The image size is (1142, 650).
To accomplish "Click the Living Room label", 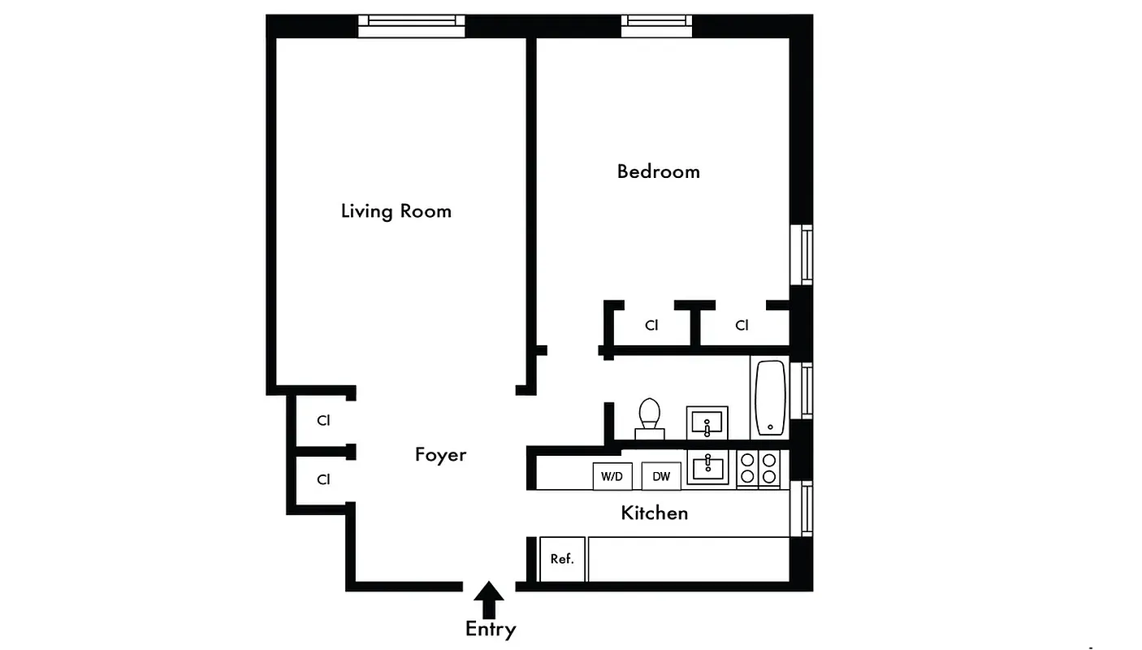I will [396, 211].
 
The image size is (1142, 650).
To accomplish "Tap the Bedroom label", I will [658, 171].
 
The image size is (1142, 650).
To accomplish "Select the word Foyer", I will [440, 454].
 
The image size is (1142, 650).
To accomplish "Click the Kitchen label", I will [654, 513].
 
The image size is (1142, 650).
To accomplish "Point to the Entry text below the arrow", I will [490, 629].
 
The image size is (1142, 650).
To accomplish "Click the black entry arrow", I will [489, 602].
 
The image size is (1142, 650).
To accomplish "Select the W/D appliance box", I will [612, 476].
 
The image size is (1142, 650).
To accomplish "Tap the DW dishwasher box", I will [661, 476].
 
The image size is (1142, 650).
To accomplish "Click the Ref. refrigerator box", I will [562, 559].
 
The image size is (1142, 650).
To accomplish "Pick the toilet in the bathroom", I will [649, 417].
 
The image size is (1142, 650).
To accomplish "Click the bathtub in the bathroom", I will [770, 398].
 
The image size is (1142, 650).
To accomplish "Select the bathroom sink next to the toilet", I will [707, 423].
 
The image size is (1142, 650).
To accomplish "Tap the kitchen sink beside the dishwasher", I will [707, 468].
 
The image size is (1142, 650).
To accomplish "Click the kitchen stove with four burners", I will [758, 468].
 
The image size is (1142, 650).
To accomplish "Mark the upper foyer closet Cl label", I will [323, 421].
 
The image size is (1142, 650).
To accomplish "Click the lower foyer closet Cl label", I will [323, 479].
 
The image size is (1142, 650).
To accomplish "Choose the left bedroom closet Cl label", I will [651, 325].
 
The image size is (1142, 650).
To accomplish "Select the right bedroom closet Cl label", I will [742, 325].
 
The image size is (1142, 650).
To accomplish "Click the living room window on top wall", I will [412, 25].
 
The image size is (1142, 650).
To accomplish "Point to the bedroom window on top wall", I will [657, 25].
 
